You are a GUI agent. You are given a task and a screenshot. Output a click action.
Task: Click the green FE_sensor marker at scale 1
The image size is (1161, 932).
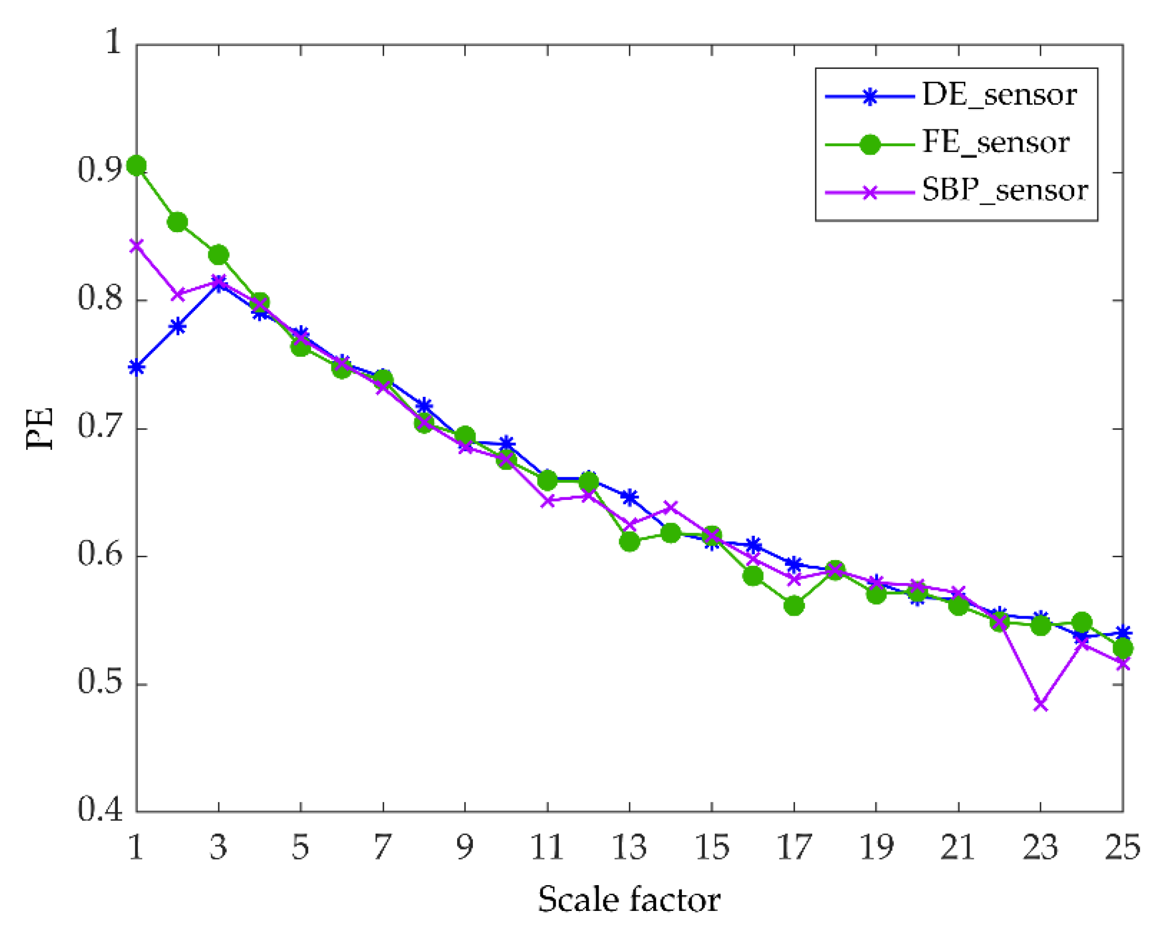[137, 166]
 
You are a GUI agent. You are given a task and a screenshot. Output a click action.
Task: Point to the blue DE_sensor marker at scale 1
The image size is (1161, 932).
[137, 368]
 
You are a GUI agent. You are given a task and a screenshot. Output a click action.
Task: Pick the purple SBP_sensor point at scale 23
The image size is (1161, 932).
[1041, 705]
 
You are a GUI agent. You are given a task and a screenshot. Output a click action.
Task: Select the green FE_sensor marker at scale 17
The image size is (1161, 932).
[794, 606]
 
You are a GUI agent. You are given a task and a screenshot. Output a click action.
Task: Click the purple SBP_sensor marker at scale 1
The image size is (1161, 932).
[137, 246]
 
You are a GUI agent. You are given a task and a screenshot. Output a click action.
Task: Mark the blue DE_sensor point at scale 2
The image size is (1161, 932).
[178, 327]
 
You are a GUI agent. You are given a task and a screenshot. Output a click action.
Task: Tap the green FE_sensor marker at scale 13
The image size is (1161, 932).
[630, 542]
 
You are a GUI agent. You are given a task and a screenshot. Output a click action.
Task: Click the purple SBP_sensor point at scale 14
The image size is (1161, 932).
[670, 507]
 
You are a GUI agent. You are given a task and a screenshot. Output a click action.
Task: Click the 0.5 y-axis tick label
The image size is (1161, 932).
[99, 682]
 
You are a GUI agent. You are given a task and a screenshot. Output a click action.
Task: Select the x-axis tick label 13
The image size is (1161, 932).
[630, 847]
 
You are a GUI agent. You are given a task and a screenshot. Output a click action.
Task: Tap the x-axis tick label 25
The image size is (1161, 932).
[1122, 847]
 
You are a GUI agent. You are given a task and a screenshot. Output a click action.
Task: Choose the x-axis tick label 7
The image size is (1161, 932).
[382, 847]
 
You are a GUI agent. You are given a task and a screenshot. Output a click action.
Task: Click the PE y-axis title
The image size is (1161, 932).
[41, 429]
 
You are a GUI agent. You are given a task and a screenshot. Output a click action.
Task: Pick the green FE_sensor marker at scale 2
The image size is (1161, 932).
[178, 223]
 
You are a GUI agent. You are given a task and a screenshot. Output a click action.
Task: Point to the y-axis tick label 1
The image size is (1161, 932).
[113, 42]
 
